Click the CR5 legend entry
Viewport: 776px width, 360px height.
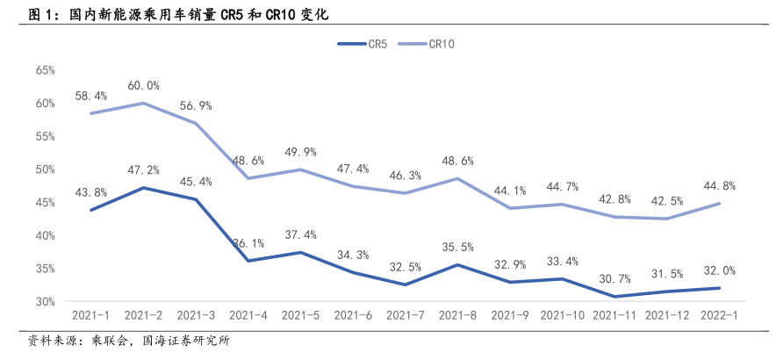(366, 43)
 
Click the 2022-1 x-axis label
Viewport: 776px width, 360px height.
(717, 314)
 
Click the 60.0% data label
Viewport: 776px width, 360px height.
(142, 86)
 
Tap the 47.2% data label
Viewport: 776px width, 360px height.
(142, 170)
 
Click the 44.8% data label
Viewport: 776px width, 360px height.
(718, 186)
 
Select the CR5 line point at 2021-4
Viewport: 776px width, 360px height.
(248, 261)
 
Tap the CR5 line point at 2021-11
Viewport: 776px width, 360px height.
(614, 297)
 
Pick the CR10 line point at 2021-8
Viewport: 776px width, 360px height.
(458, 178)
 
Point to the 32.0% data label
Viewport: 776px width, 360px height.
(718, 270)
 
